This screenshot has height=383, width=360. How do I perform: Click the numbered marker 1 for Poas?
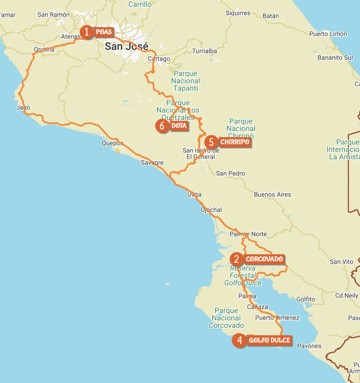(x=86, y=32)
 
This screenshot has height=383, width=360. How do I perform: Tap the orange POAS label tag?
(x=103, y=32)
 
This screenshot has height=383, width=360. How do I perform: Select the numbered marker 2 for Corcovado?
(x=236, y=259)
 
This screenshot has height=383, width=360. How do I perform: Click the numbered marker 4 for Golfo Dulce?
(x=239, y=341)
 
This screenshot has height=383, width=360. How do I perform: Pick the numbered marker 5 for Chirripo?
(x=211, y=142)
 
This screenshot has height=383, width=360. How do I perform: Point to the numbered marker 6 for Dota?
(x=162, y=126)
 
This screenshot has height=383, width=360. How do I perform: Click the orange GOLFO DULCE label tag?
(x=269, y=341)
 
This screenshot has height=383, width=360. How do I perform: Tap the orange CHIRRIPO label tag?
(x=234, y=142)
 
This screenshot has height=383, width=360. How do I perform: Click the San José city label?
(x=126, y=46)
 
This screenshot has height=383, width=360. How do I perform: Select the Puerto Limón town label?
(x=328, y=34)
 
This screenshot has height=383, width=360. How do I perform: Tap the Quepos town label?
(x=112, y=143)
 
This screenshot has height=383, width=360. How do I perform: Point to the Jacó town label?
(x=23, y=108)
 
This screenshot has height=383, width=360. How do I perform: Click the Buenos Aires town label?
(x=272, y=194)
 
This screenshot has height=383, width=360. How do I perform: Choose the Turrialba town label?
(x=204, y=51)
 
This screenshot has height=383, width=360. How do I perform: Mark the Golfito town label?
(x=305, y=299)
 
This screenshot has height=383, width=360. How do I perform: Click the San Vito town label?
(x=340, y=262)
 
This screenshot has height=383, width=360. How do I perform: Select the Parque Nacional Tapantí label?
(x=186, y=81)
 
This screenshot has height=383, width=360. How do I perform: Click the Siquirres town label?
(x=238, y=13)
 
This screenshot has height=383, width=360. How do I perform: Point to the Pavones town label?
(x=309, y=346)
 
